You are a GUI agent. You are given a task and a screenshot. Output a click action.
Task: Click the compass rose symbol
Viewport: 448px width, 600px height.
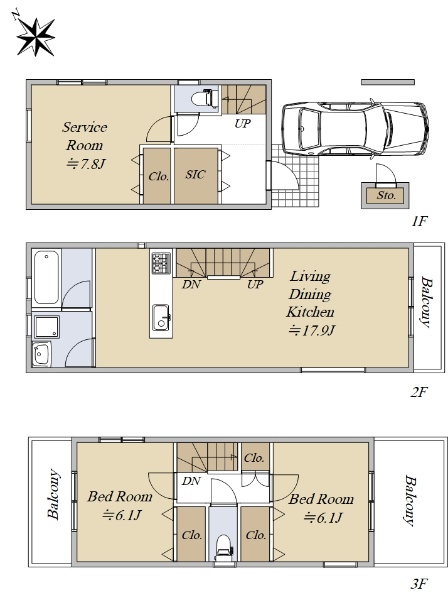click(35, 37)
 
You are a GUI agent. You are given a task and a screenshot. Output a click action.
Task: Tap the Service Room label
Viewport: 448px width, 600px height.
click(85, 136)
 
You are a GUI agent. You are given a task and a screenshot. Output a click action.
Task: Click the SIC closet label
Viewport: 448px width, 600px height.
click(195, 174)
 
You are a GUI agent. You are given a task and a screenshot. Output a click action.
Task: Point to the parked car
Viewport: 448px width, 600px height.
click(355, 128)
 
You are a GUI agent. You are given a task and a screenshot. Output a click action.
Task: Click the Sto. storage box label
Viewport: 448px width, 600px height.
click(386, 195)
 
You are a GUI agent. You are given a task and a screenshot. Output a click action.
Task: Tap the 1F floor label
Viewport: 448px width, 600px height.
click(419, 221)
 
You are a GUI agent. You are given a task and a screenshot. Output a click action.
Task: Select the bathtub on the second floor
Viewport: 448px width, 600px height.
click(46, 277)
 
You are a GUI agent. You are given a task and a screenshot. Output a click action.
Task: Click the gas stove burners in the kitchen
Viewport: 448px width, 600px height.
click(161, 262)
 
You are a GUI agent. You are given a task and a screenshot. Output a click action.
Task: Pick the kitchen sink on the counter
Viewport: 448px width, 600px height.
click(161, 317)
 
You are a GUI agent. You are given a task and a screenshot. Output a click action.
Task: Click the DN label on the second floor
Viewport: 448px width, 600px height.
click(191, 284)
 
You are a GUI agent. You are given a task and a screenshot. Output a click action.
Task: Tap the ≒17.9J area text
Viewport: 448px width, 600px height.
click(311, 330)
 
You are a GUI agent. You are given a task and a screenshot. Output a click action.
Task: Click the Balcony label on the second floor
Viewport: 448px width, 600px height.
click(427, 302)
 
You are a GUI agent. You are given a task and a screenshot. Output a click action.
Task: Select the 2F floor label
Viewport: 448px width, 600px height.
click(419, 392)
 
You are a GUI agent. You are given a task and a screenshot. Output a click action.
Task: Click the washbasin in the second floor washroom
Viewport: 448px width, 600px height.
click(41, 354)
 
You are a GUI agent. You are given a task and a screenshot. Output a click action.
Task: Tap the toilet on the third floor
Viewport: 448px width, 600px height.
click(224, 546)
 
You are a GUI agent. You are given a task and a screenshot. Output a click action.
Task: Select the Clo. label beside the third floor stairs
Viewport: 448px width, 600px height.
click(254, 458)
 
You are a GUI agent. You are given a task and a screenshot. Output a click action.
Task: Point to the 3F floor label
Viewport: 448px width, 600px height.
click(419, 584)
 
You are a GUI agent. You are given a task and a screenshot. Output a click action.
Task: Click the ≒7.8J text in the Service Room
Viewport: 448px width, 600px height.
click(86, 164)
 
